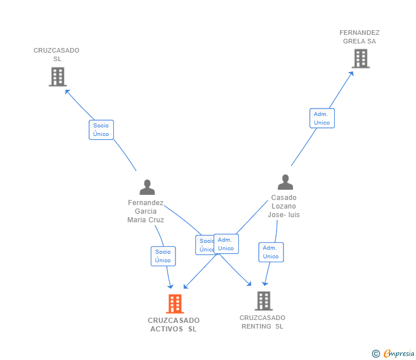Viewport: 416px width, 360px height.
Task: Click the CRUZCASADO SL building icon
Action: coord(57,77)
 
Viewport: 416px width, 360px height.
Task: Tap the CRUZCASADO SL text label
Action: coord(57,54)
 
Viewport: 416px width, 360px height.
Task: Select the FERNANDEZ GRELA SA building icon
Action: coord(361,58)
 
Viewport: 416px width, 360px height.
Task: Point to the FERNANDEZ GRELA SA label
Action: coord(359,37)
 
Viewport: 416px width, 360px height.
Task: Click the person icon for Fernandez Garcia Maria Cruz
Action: coord(147,187)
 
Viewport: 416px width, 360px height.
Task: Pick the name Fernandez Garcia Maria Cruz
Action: coord(146,211)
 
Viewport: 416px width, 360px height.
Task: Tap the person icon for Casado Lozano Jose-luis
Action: coord(285,182)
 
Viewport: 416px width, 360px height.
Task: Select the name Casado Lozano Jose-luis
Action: coord(284,206)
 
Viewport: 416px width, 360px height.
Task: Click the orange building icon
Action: coord(175,304)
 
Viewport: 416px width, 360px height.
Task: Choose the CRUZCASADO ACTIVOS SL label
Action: coord(174,325)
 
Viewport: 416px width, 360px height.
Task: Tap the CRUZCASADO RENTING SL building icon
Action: coord(263,301)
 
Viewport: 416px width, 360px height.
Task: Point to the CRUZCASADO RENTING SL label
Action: coord(262,322)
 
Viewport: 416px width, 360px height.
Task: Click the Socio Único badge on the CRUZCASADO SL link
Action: coord(101,130)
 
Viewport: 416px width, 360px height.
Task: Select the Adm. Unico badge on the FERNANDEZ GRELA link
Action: coord(322,118)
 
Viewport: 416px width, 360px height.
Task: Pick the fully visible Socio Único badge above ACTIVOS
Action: coord(163,256)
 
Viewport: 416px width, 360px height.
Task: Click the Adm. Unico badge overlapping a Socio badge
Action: coord(226,244)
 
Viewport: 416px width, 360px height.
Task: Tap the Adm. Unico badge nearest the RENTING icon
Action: coord(271,252)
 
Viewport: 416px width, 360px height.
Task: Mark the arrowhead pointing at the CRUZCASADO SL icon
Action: coord(66,90)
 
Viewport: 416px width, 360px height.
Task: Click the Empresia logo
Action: coord(394,354)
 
